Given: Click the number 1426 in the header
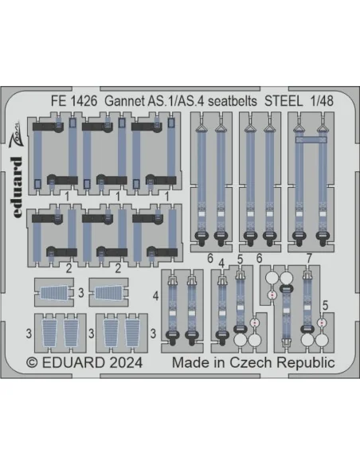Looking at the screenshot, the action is tap(84, 101).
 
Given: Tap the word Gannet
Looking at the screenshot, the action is tap(125, 101).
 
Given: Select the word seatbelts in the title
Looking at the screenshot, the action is tap(233, 101).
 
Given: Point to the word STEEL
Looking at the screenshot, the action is tap(284, 101).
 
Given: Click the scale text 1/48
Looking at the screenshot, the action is tap(322, 101).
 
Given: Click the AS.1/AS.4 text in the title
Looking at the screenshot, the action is tap(175, 101).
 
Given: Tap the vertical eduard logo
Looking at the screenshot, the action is tap(18, 187).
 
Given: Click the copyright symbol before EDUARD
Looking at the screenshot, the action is tap(33, 363).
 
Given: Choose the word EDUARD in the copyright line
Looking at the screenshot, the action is tap(73, 363).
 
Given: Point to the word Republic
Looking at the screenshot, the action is tap(306, 363).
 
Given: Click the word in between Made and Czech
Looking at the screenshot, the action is tap(221, 362).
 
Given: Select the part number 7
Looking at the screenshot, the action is tap(309, 259).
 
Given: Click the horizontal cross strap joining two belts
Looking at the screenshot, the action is tap(311, 139).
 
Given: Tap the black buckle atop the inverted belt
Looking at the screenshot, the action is tap(286, 288).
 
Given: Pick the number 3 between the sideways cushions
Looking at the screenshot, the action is tap(81, 293).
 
